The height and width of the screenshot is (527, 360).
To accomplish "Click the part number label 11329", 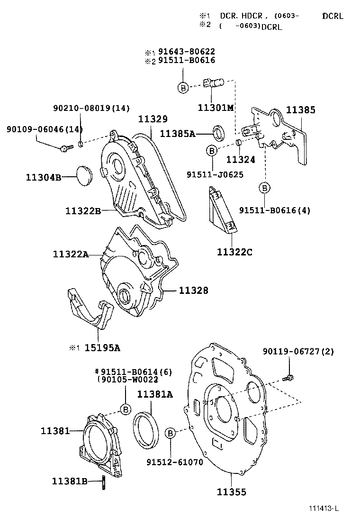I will point(153,119).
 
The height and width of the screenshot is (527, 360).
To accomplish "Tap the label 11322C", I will point(234,252).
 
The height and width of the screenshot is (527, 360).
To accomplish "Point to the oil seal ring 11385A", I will point(219,133).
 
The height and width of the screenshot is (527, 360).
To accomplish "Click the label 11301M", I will point(216,108).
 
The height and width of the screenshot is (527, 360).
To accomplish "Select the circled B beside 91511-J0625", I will point(211,151).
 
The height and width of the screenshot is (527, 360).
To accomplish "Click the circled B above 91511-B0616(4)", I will point(265,188).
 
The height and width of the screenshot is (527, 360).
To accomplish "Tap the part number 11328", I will point(193,290).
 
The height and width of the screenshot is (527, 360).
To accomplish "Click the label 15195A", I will point(102,348).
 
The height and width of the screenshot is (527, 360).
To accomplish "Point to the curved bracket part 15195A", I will point(90,311).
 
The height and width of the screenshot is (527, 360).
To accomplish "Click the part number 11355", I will point(232,492).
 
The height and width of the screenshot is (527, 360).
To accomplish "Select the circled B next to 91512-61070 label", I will point(171,432).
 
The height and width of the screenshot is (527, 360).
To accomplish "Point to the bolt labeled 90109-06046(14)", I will point(65,148).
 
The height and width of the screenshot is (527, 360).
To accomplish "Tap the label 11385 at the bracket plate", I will point(300,109).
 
